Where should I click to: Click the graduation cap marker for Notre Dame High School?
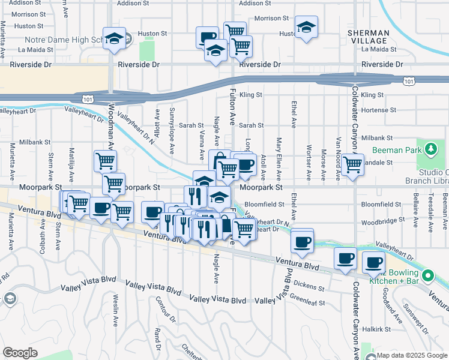[113, 39]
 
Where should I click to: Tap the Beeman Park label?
[396, 150]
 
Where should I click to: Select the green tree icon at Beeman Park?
[431, 148]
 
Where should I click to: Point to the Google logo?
[20, 353]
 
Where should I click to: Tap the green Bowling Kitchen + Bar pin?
[427, 276]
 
